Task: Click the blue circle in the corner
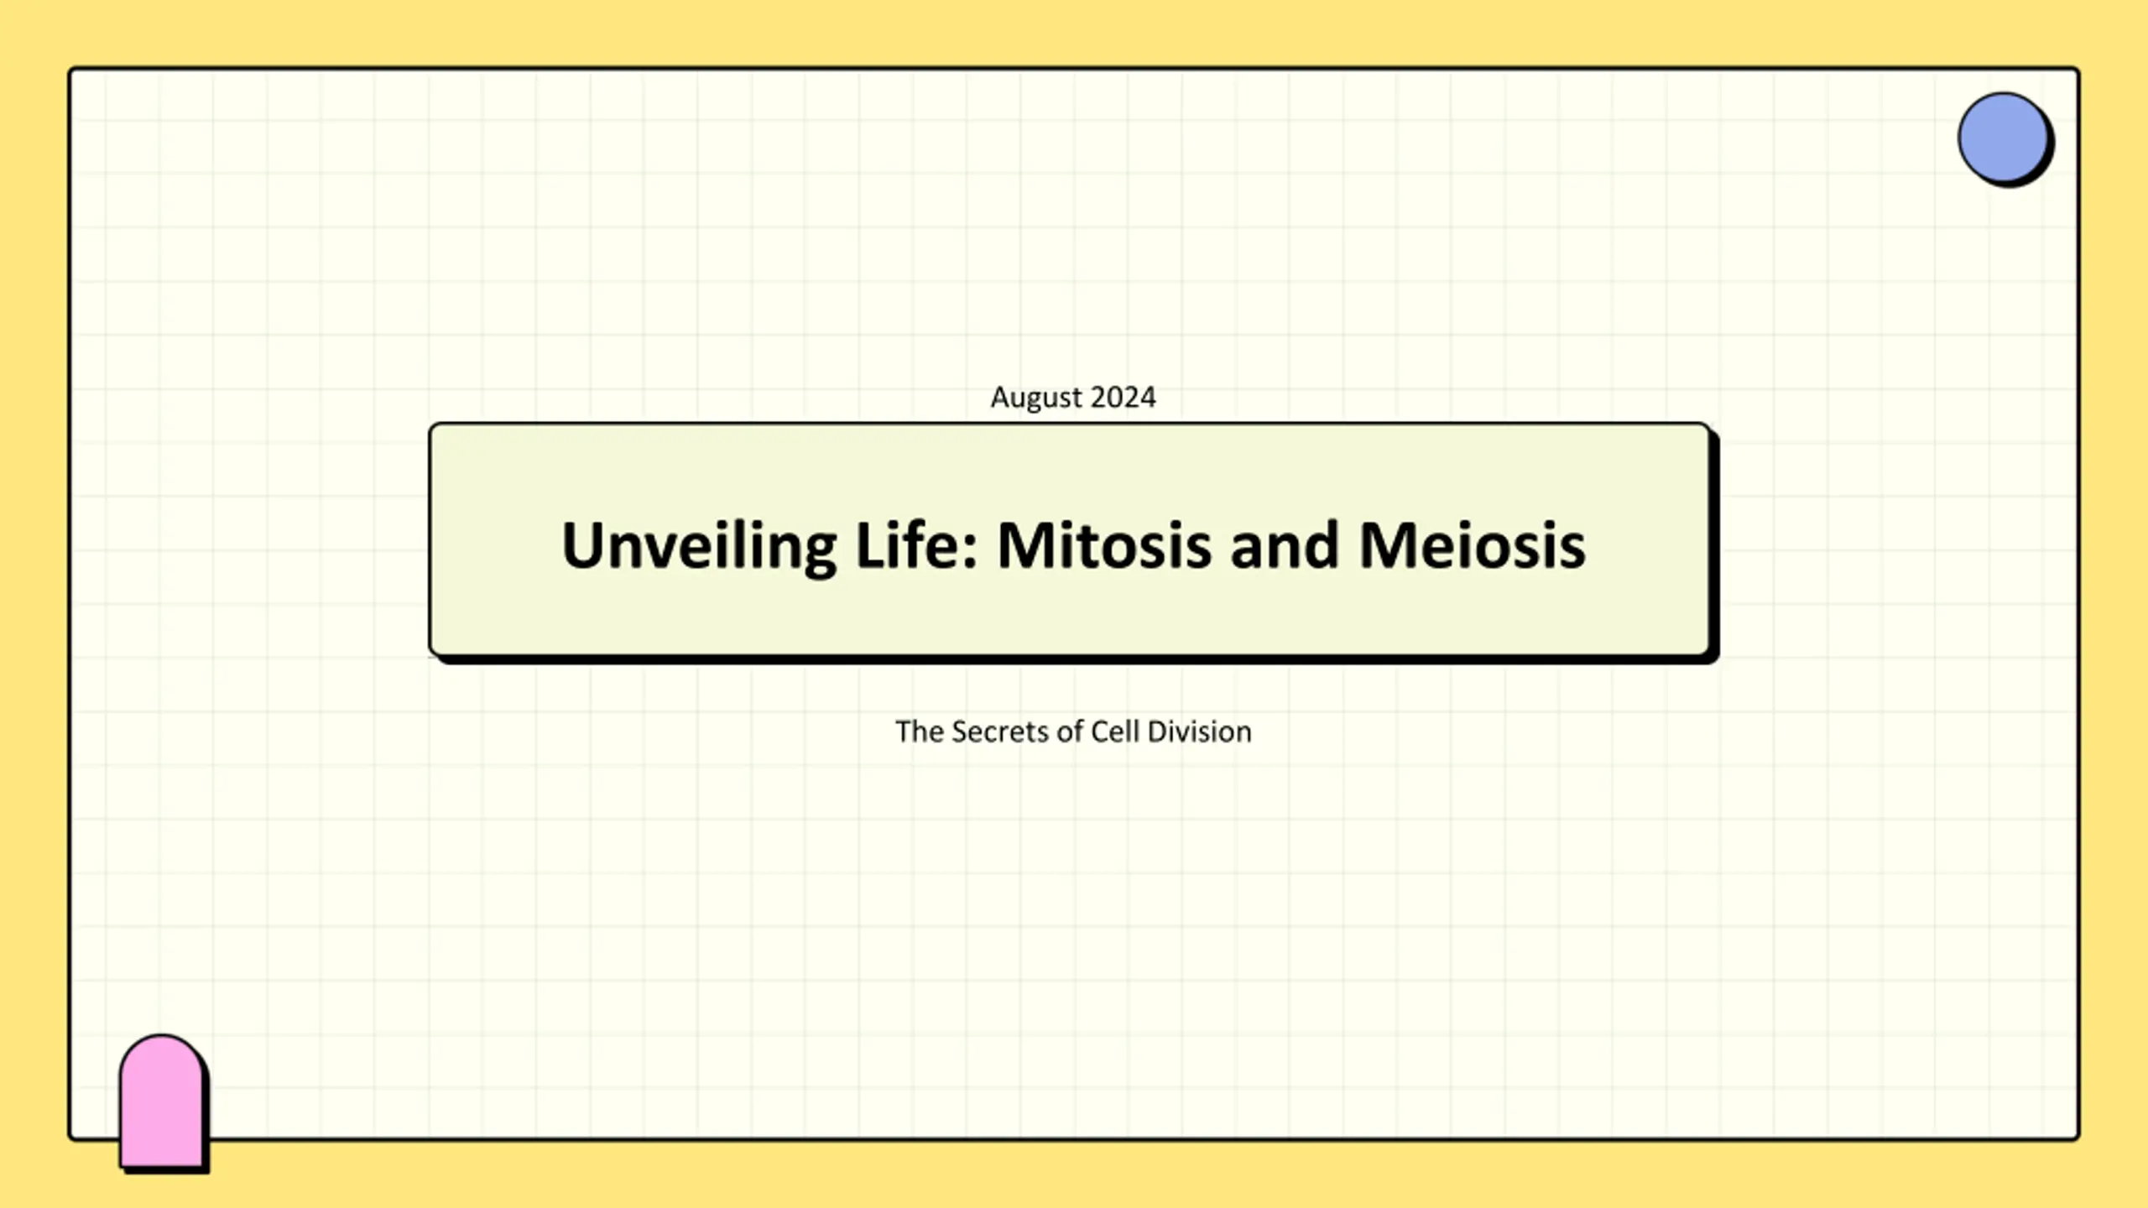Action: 2003,138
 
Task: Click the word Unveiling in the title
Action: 699,547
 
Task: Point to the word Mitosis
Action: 1104,545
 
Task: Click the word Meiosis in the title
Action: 1472,545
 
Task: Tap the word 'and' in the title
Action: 1285,545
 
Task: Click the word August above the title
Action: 1036,398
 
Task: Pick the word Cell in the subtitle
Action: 1115,732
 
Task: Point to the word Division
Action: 1200,732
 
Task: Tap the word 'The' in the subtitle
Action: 920,732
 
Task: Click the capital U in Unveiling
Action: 582,545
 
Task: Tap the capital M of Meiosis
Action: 1388,545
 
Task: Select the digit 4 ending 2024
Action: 1148,397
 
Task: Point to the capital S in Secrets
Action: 962,732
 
